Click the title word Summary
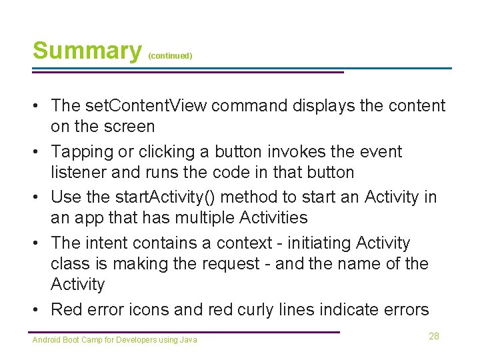coord(87,51)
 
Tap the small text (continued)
coord(170,56)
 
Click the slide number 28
coord(434,336)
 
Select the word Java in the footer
coord(189,340)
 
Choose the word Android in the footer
coord(45,340)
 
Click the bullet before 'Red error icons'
coord(39,310)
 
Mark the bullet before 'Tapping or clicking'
coord(39,151)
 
